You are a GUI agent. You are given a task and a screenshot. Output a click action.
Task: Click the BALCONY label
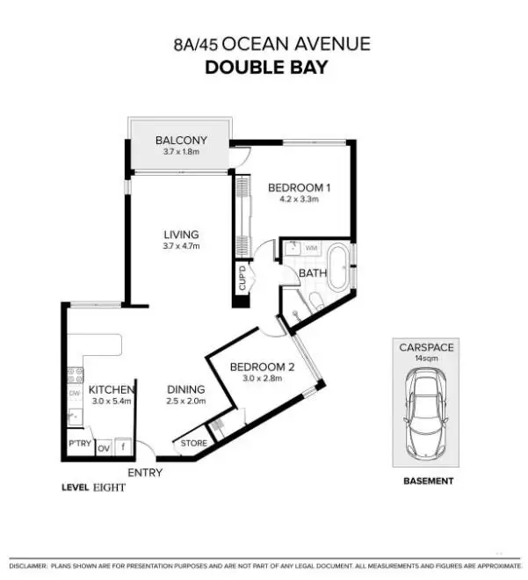coord(181,140)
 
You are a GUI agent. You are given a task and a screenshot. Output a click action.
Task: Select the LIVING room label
coord(181,235)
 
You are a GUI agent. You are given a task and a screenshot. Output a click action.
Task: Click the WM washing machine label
coord(310,249)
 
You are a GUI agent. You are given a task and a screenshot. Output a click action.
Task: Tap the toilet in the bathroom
coord(314,303)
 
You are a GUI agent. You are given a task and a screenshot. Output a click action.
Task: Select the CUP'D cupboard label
coord(242,279)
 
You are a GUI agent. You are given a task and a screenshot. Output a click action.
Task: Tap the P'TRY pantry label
coord(78,445)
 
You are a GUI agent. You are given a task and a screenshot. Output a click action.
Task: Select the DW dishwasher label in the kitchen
coord(76,393)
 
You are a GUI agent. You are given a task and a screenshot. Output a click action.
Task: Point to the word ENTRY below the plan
coord(145,473)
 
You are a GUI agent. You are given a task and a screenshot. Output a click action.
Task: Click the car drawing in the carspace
coord(427,411)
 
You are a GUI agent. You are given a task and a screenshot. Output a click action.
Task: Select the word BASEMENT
coord(427,481)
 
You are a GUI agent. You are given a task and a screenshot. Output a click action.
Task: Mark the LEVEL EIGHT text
coord(93,487)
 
